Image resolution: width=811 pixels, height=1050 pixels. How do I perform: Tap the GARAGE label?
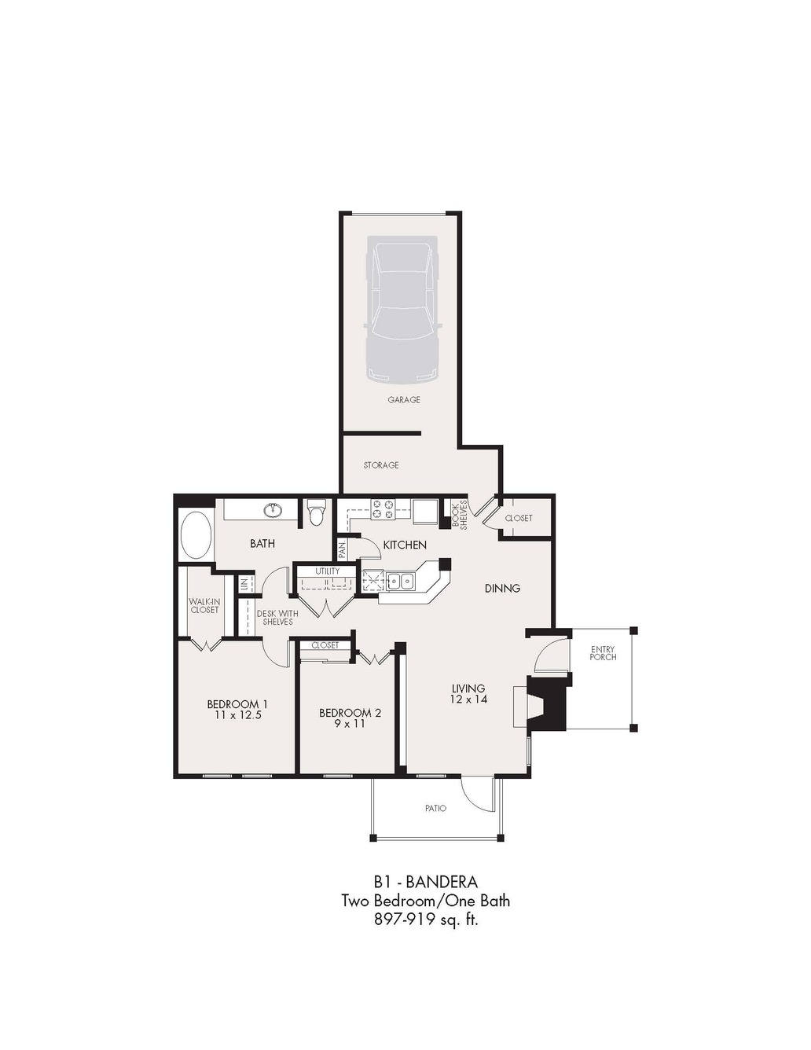(404, 399)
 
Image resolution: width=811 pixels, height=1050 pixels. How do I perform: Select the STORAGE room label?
(381, 464)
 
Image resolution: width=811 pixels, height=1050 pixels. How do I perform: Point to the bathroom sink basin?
(274, 510)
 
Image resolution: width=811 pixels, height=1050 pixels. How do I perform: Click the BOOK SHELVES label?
(460, 515)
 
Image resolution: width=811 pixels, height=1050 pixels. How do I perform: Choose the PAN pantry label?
(342, 549)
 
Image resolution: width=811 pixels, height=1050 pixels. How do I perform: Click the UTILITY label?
(328, 571)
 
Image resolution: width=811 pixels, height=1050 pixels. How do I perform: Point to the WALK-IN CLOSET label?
(204, 605)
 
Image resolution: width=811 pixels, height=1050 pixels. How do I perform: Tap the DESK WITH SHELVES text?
(277, 618)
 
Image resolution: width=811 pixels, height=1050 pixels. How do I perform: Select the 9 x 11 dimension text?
(350, 724)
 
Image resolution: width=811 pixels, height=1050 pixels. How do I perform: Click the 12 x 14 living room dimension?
(468, 699)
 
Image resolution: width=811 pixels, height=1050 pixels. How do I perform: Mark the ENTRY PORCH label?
(603, 653)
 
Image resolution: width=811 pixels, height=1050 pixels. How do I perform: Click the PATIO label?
(435, 808)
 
